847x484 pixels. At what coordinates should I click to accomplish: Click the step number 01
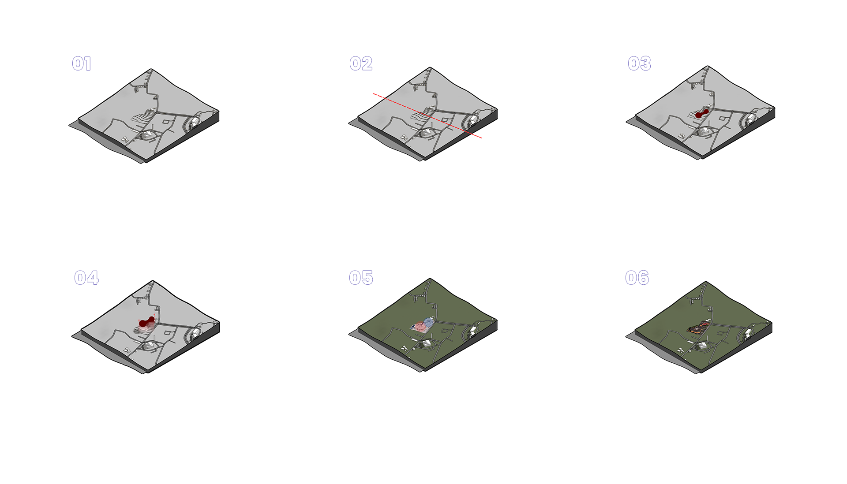point(82,64)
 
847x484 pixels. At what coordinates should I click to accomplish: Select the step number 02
point(361,64)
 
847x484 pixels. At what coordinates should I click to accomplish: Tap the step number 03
point(639,64)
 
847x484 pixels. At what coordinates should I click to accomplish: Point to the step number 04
point(86,278)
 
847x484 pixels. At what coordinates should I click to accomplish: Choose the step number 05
point(361,278)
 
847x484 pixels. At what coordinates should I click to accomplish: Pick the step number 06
point(637,278)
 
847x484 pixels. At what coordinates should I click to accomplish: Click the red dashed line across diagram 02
point(427,116)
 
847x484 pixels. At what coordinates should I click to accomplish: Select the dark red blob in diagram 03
point(701,113)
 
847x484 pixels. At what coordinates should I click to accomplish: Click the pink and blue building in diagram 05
point(423,325)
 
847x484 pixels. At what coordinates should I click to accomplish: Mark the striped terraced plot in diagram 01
point(143,116)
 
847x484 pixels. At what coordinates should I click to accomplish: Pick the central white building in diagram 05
point(427,343)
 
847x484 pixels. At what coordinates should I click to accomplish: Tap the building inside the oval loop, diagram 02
point(472,120)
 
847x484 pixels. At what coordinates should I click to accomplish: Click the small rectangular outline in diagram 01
point(166,122)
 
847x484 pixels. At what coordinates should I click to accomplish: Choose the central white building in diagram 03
point(704,131)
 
